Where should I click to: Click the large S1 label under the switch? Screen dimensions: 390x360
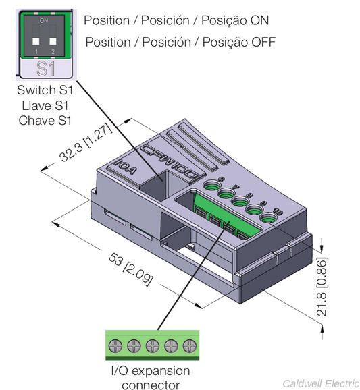point(44,68)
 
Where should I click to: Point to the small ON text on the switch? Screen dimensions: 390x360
point(44,21)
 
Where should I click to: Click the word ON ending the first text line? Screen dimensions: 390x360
point(259,20)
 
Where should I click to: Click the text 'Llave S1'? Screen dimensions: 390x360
point(44,105)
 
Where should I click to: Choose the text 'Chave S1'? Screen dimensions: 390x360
point(44,120)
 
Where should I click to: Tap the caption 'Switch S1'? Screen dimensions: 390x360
point(44,90)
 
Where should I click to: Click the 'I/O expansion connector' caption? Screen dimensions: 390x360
point(150,378)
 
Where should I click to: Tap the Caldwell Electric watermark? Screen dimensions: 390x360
point(320,383)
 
